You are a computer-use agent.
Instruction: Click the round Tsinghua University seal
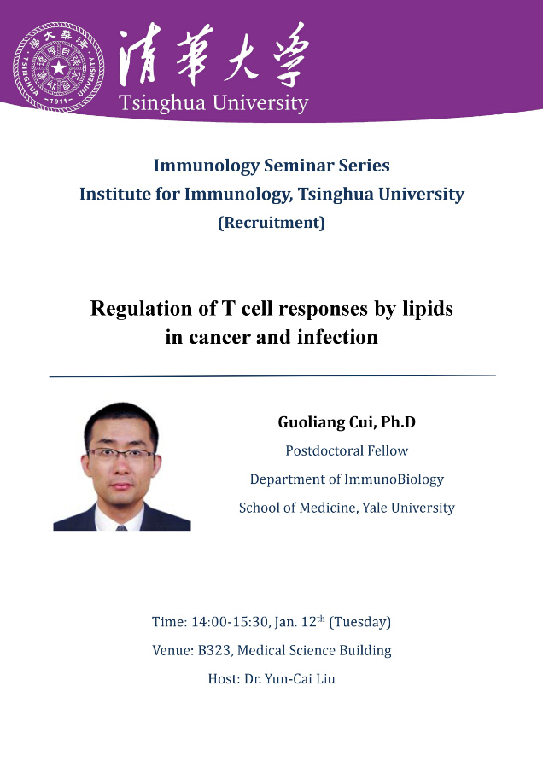pyautogui.click(x=59, y=67)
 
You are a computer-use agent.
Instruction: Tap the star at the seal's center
pyautogui.click(x=59, y=67)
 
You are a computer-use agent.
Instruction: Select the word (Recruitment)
pyautogui.click(x=271, y=223)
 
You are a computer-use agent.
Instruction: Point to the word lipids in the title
pyautogui.click(x=428, y=309)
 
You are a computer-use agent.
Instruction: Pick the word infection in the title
pyautogui.click(x=337, y=337)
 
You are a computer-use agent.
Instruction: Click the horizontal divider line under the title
pyautogui.click(x=272, y=375)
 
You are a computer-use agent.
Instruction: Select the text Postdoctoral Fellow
pyautogui.click(x=347, y=450)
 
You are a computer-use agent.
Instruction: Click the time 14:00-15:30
pyautogui.click(x=230, y=622)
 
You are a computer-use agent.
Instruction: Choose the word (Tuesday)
pyautogui.click(x=360, y=622)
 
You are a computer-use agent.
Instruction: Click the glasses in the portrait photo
pyautogui.click(x=121, y=454)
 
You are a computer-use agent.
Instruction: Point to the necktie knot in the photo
pyautogui.click(x=121, y=528)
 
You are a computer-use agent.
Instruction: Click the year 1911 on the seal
pyautogui.click(x=59, y=102)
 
